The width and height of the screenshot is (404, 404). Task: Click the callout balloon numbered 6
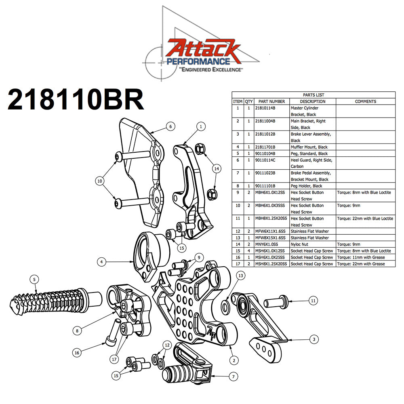(x=170, y=126)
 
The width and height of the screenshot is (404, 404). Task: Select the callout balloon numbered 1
(x=200, y=126)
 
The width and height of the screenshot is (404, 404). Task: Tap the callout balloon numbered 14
(x=217, y=169)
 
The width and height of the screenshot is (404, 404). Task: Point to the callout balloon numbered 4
(x=102, y=262)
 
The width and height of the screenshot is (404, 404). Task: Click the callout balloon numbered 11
(x=314, y=300)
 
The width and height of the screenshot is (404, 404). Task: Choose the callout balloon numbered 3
(x=314, y=340)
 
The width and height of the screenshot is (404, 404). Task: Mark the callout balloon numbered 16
(x=77, y=352)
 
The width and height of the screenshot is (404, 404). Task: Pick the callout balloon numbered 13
(x=241, y=276)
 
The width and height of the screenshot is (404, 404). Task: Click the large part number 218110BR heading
(x=76, y=100)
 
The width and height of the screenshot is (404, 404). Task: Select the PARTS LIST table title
(x=314, y=95)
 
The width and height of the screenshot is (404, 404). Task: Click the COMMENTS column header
(x=365, y=101)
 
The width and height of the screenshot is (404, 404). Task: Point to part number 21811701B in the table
(x=269, y=147)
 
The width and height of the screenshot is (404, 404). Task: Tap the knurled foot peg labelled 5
(x=48, y=299)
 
